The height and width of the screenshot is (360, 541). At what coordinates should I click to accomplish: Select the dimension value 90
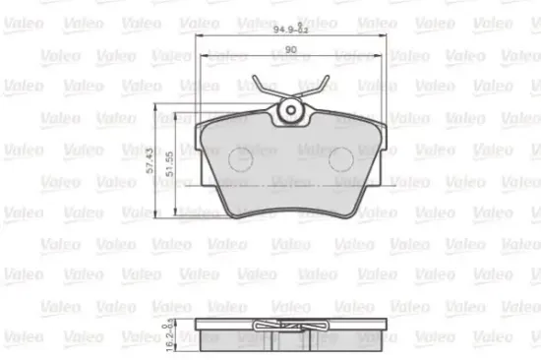[292, 49]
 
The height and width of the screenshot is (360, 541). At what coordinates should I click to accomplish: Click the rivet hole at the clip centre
[291, 111]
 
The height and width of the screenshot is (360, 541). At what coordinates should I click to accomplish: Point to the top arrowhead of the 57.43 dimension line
[160, 107]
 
